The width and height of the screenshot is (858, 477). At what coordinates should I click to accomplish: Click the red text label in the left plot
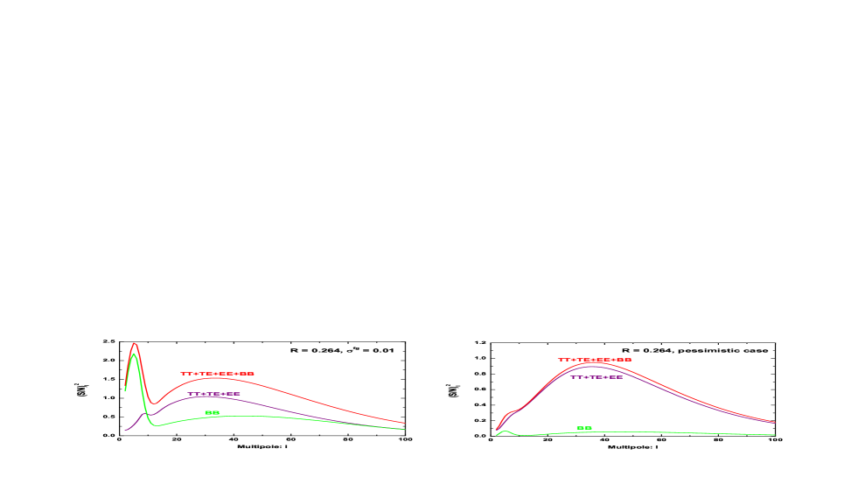217,374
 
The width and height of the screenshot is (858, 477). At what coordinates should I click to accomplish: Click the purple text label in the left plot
213,394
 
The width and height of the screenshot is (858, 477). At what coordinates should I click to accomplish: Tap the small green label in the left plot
212,412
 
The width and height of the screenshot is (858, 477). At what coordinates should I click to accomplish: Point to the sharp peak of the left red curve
134,343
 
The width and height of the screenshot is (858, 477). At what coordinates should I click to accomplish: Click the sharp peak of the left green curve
134,354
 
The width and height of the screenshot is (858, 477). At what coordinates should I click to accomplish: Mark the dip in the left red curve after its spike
154,403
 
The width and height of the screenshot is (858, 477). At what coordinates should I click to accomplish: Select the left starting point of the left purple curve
125,430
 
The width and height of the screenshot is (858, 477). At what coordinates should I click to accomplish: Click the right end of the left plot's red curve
405,424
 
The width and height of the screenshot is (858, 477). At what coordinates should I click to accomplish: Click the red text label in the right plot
595,360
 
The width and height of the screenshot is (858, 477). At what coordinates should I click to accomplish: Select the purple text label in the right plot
596,377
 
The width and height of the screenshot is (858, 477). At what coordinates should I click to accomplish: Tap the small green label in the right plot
584,428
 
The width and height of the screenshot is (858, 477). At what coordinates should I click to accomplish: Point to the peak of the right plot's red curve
595,363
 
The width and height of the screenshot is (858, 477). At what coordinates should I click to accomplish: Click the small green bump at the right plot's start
505,431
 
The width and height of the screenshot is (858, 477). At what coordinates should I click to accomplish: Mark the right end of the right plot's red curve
775,422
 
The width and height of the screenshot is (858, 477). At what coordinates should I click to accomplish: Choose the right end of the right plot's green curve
775,435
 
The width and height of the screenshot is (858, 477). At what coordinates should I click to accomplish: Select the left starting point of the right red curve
496,431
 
